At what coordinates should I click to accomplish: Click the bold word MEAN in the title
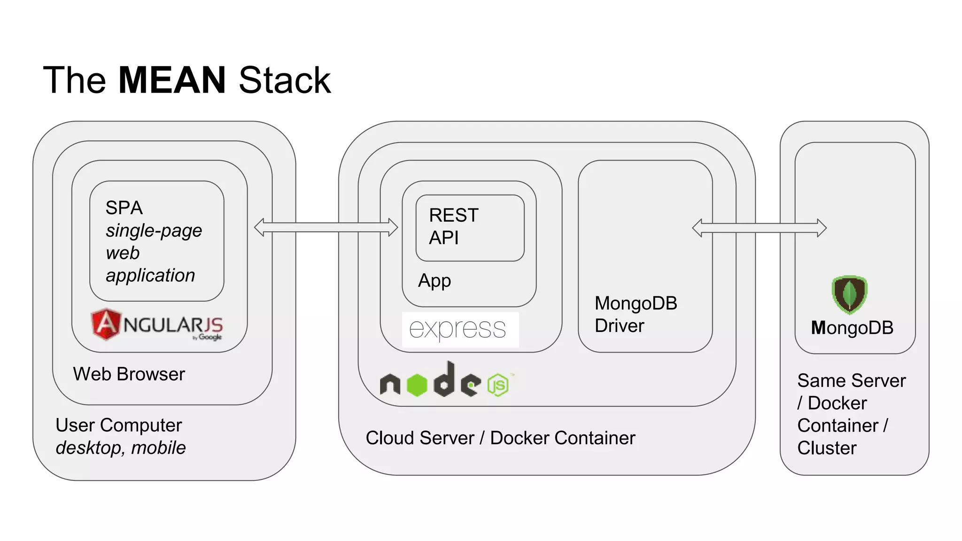point(172,80)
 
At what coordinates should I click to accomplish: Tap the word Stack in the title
point(284,80)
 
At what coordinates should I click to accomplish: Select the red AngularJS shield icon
point(106,324)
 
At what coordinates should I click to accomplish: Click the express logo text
point(458,329)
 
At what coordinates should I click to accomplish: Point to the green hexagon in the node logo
point(417,385)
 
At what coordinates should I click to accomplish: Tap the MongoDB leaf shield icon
point(849,294)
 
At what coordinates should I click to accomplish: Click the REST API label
point(453,226)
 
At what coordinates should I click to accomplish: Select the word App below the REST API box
point(434,281)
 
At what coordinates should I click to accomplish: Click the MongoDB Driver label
point(635,314)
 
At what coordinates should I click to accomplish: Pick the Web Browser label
point(129,374)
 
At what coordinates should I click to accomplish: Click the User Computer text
point(118,425)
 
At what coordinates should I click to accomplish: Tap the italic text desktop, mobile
point(121,448)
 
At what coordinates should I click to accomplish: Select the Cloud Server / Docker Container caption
point(500,438)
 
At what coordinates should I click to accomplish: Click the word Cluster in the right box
point(827,448)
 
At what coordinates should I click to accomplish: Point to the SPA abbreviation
point(124,208)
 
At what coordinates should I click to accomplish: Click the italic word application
point(150,275)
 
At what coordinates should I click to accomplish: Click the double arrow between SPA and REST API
point(326,228)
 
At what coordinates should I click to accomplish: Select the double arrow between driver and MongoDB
point(759,228)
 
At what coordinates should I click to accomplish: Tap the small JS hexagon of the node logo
point(498,385)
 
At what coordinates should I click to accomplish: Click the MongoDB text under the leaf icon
point(852,328)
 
